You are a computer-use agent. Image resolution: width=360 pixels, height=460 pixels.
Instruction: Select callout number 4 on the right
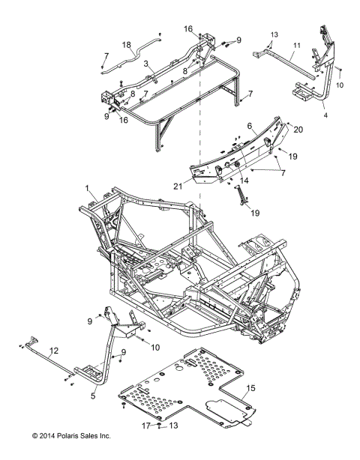tap(325, 116)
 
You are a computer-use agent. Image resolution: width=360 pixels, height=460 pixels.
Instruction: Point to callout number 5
tap(93, 396)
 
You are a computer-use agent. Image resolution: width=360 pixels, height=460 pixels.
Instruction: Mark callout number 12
tap(53, 351)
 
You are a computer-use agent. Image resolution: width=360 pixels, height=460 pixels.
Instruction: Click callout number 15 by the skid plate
tap(250, 388)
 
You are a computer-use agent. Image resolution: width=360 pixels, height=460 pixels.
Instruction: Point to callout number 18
tap(127, 45)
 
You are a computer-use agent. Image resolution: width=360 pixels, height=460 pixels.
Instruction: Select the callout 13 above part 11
tap(274, 34)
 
